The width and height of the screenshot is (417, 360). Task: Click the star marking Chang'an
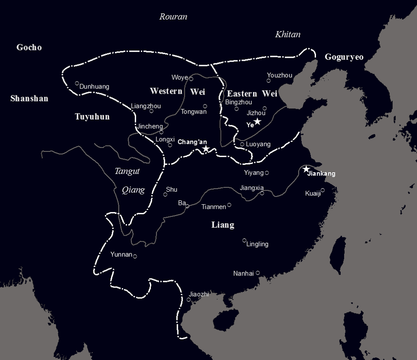[x=206, y=149]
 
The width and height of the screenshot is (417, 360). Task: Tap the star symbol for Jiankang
[x=306, y=169]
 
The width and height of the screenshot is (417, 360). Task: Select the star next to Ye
[x=257, y=121]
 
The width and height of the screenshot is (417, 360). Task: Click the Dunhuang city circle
[x=77, y=83]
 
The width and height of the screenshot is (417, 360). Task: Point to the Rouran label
[x=173, y=17]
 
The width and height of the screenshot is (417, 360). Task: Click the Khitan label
[x=288, y=35]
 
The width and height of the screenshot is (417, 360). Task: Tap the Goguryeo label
[x=344, y=57]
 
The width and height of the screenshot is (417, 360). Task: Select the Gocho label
[x=29, y=47]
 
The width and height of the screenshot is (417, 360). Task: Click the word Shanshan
[x=29, y=98]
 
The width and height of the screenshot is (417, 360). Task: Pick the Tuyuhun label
[x=92, y=117]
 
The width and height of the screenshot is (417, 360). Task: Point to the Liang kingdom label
[x=223, y=225]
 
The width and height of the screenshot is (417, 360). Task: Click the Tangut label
[x=127, y=171]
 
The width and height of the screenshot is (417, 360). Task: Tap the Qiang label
[x=133, y=190]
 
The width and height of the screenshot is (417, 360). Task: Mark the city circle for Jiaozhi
[x=189, y=300]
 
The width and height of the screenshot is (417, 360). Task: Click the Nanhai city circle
[x=258, y=273]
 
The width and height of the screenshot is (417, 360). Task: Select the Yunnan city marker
[x=135, y=256]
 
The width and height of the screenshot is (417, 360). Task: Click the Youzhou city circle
[x=269, y=81]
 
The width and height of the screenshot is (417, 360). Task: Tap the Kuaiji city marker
[x=323, y=190]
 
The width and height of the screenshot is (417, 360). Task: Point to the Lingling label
[x=257, y=244]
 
